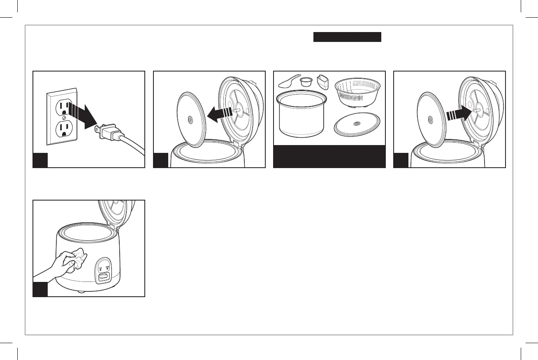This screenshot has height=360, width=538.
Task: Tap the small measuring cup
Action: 306,82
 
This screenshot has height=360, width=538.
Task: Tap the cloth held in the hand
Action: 77,260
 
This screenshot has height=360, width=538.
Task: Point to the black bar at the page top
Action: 348,37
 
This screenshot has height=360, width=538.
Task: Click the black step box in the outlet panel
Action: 40,160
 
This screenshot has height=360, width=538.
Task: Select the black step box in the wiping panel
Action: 40,289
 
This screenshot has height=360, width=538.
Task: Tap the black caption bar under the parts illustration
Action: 329,156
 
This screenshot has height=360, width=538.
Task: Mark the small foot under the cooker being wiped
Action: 81,292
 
